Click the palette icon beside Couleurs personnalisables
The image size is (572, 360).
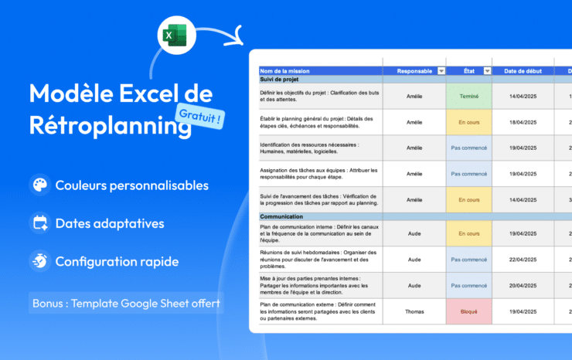[39, 185]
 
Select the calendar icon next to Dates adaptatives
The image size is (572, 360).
[39, 223]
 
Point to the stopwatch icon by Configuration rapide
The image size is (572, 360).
[39, 261]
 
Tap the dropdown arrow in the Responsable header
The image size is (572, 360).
[441, 71]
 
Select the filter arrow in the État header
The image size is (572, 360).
[487, 71]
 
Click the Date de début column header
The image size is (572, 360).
[524, 71]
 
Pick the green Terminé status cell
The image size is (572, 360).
[468, 97]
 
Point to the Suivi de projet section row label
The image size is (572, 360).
[279, 80]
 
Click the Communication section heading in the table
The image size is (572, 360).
[281, 216]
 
